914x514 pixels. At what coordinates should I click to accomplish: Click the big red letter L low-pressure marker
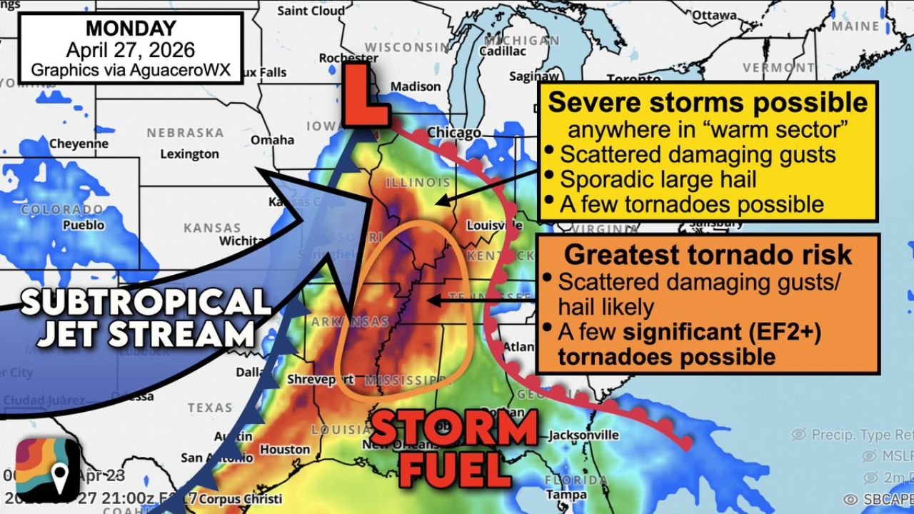(x=365, y=95)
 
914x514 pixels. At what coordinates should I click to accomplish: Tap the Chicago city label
(x=454, y=133)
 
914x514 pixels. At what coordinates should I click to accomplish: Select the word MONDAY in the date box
(x=130, y=29)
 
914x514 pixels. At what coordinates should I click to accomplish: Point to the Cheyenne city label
(x=79, y=143)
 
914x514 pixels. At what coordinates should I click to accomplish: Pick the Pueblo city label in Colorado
(x=85, y=225)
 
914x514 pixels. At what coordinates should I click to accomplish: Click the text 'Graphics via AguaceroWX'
(x=130, y=71)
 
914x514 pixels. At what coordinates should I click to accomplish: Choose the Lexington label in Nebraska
(x=189, y=153)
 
